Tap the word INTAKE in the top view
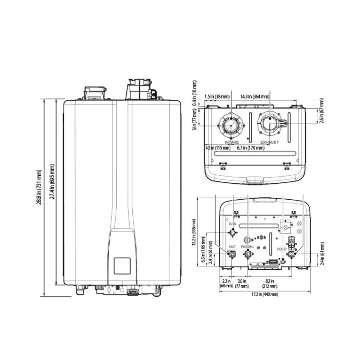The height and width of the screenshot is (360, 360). click(232, 142)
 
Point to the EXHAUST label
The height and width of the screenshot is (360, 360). click(270, 142)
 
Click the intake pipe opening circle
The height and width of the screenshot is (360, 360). click(231, 125)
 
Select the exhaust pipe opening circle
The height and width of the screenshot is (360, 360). click(270, 124)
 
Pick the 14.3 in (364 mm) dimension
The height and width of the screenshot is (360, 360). click(255, 97)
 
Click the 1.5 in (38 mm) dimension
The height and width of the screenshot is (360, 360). click(217, 97)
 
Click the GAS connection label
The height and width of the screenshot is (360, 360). click(232, 225)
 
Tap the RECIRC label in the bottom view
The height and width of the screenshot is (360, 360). click(247, 246)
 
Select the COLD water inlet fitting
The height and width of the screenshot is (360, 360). click(292, 254)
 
